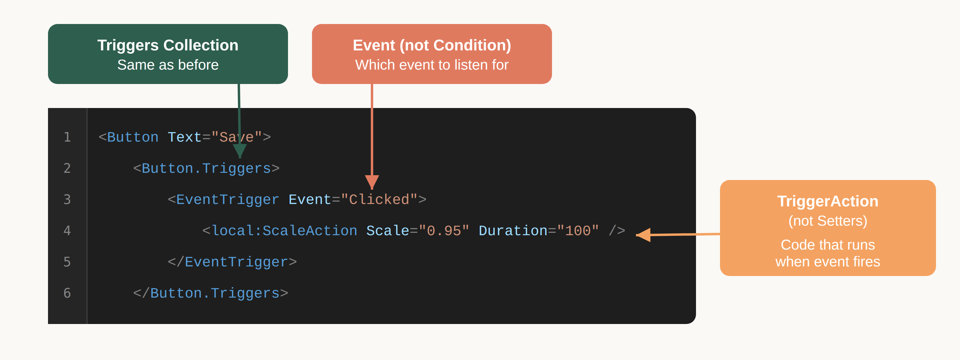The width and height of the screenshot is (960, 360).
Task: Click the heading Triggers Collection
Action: coord(168,46)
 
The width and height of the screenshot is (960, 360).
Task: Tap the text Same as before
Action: coord(168,65)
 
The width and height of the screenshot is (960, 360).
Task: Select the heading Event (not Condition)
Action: coord(432,46)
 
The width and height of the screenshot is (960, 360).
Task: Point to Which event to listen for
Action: coord(432,65)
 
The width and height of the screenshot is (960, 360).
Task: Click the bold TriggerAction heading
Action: coord(827,201)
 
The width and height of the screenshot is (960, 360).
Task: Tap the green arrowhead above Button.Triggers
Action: coord(240,151)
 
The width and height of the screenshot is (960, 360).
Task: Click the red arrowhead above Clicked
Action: coord(372,181)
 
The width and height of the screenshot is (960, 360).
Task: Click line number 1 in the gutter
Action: coord(67,137)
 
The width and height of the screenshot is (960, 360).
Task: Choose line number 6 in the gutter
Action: coord(67,293)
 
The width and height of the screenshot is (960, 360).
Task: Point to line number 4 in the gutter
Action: coord(67,231)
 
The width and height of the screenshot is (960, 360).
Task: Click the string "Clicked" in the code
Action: coord(379,200)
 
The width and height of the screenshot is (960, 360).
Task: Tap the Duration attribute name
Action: coord(513,231)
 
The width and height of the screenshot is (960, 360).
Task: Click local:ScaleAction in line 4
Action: coord(284,231)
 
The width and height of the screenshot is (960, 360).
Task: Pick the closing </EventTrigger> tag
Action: coord(232,262)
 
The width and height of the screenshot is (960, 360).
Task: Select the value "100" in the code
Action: coord(577,231)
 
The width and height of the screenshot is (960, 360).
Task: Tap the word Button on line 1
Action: coord(133,137)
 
